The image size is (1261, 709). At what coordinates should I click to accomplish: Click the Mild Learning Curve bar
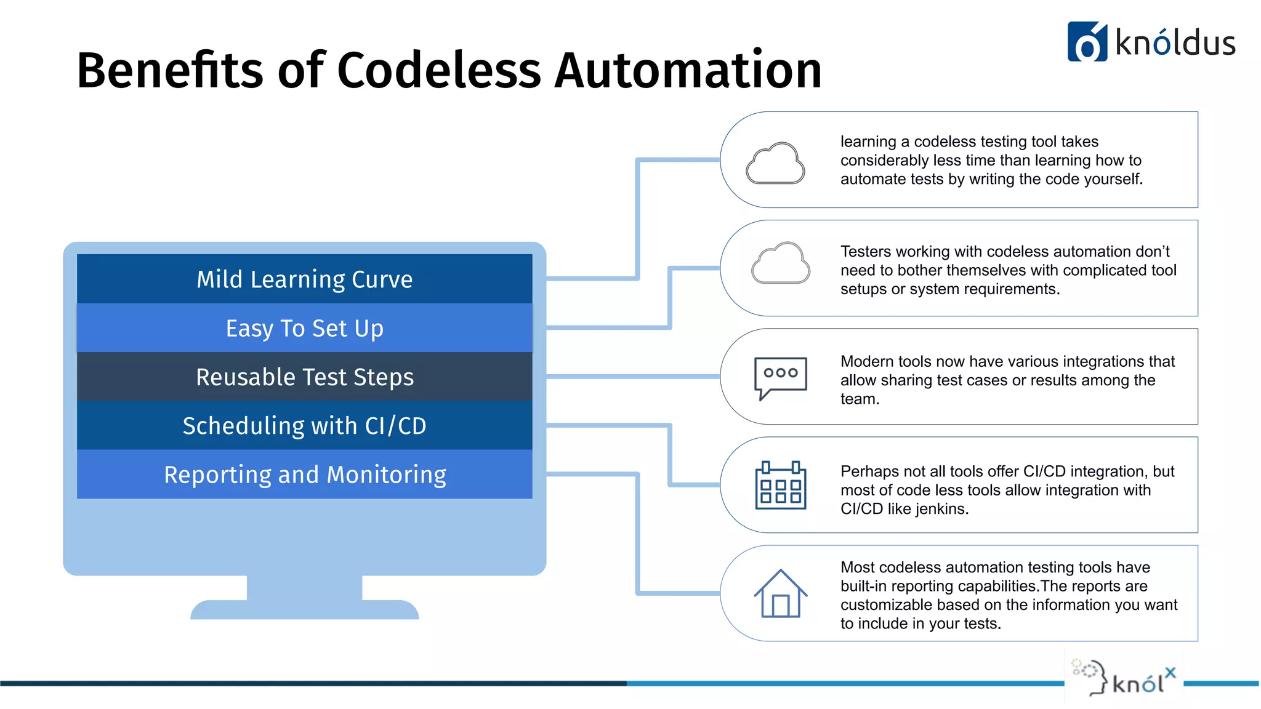[x=304, y=279]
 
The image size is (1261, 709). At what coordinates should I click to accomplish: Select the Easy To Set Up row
[x=304, y=328]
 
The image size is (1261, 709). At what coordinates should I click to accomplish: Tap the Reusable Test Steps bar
[x=304, y=377]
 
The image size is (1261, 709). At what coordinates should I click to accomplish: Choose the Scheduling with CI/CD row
[x=304, y=425]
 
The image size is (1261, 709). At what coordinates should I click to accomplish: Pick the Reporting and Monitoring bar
[x=304, y=475]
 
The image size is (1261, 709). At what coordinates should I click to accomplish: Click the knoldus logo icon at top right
[x=1087, y=42]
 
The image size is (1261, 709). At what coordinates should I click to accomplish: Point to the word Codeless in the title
[x=438, y=70]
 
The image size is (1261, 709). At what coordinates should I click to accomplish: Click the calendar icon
[x=780, y=486]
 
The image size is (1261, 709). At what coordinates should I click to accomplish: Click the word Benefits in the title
[x=169, y=70]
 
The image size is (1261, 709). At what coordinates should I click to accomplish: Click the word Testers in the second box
[x=866, y=252]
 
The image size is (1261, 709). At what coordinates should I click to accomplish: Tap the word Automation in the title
[x=688, y=70]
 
